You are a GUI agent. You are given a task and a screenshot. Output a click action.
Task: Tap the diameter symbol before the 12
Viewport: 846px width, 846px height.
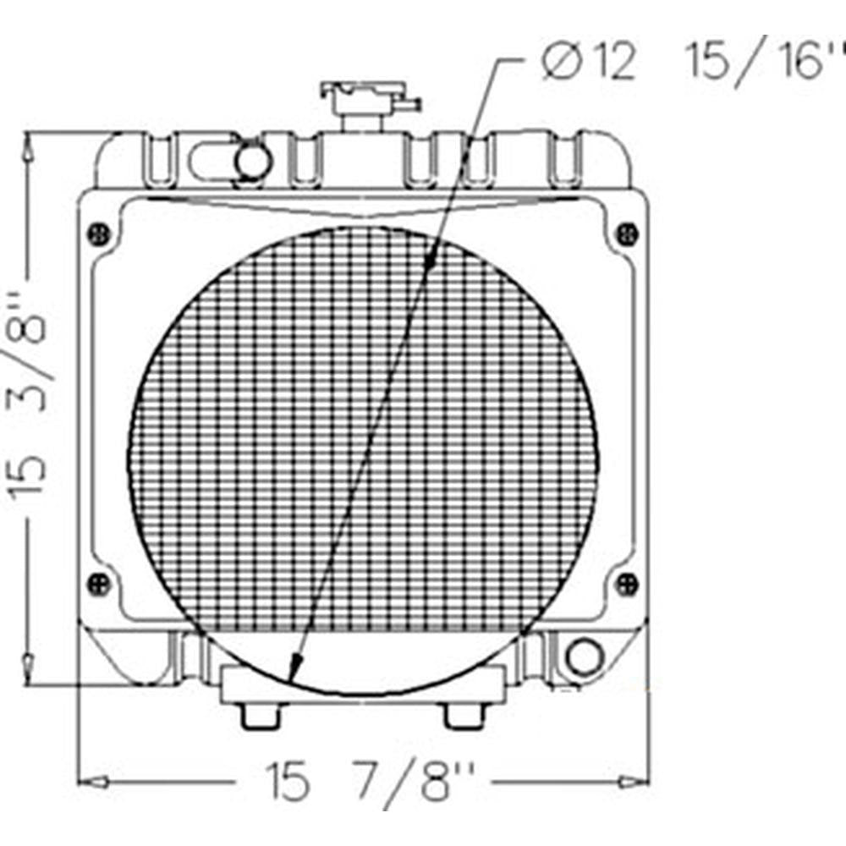click(561, 64)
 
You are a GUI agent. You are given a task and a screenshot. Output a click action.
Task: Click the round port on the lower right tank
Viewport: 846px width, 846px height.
click(582, 656)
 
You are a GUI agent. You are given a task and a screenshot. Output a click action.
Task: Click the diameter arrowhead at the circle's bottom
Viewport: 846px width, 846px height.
click(294, 672)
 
